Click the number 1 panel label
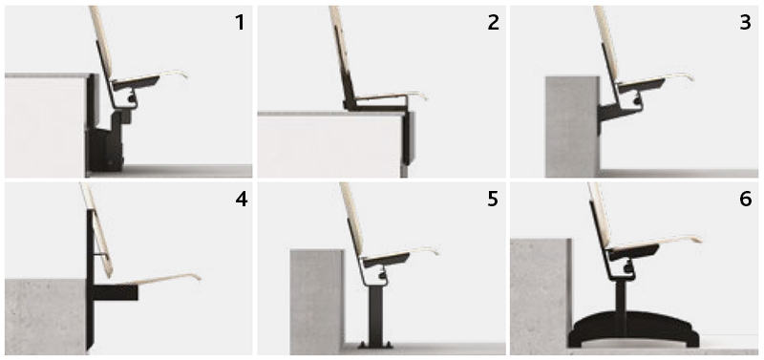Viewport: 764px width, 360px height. [x=240, y=22]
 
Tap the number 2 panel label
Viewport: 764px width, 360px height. [x=493, y=22]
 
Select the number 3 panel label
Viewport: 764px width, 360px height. [x=746, y=22]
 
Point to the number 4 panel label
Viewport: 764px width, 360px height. [x=242, y=200]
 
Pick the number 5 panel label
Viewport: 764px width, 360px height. [x=493, y=200]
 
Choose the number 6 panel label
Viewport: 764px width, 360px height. [x=746, y=200]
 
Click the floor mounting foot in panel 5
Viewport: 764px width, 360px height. [x=375, y=345]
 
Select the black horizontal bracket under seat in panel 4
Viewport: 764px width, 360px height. [x=116, y=292]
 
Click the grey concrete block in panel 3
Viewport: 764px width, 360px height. [x=572, y=127]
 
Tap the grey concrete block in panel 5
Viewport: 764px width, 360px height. [x=317, y=302]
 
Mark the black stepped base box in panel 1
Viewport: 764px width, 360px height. [x=106, y=141]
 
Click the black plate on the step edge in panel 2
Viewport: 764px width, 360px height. [x=409, y=138]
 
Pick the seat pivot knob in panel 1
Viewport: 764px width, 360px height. [x=132, y=99]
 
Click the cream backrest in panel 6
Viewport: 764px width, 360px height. [x=601, y=214]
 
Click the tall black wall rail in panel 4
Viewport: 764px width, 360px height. [x=90, y=280]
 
